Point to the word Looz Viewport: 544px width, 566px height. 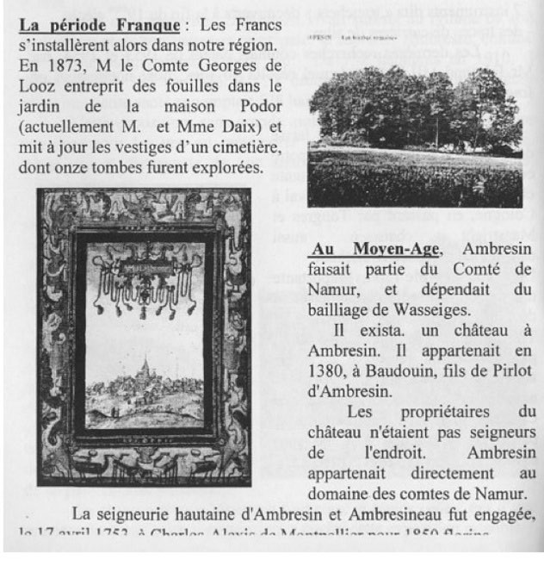point(36,87)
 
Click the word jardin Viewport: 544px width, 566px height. point(40,108)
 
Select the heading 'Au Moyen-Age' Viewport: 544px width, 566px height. point(373,250)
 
